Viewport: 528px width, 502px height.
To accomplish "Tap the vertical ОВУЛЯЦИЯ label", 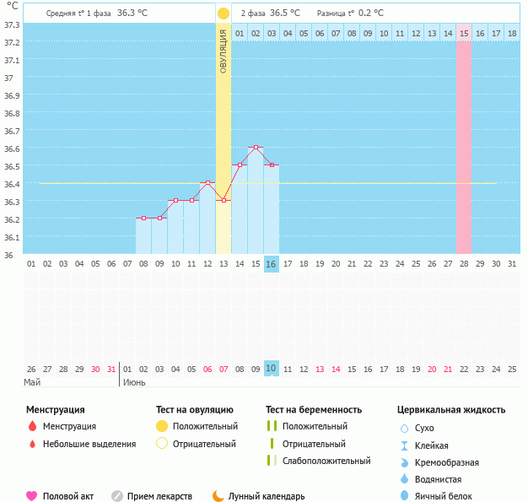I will [x=224, y=51].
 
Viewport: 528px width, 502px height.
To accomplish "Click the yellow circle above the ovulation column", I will [x=224, y=13].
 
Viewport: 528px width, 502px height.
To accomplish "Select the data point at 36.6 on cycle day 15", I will [x=256, y=148].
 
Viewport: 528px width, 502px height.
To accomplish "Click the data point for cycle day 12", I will [x=207, y=182].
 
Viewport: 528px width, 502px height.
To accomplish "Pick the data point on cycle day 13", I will [x=224, y=200].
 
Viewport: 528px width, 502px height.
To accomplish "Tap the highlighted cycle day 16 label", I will [x=272, y=264].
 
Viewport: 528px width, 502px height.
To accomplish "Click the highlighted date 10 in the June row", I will [x=272, y=369].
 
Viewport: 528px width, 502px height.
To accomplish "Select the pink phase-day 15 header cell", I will [x=464, y=33].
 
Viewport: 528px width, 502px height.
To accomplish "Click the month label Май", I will [x=32, y=382].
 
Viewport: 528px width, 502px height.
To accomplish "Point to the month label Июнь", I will [x=135, y=382].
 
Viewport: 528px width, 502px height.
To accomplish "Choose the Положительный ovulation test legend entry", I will [x=205, y=426].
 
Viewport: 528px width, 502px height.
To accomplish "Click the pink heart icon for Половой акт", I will [x=32, y=496].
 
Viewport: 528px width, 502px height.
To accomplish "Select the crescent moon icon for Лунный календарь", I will [x=218, y=496].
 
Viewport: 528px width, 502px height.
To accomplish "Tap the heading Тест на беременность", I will [x=313, y=409].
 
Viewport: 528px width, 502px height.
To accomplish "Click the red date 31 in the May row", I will [x=111, y=369].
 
